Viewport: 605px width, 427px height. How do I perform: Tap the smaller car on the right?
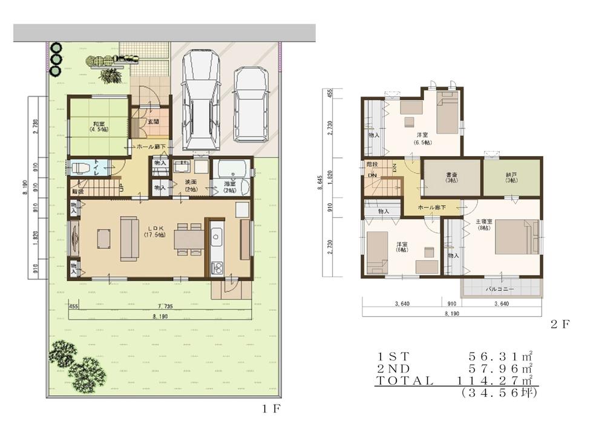(x=250, y=104)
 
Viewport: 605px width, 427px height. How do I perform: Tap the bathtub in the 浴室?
(x=231, y=169)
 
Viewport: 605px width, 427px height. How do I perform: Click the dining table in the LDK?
(x=188, y=240)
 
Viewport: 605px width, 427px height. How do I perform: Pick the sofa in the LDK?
(x=129, y=239)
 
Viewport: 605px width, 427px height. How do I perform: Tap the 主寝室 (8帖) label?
(x=485, y=225)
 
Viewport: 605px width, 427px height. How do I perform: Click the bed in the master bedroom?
(x=516, y=238)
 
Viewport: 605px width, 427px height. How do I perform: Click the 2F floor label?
(x=560, y=324)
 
